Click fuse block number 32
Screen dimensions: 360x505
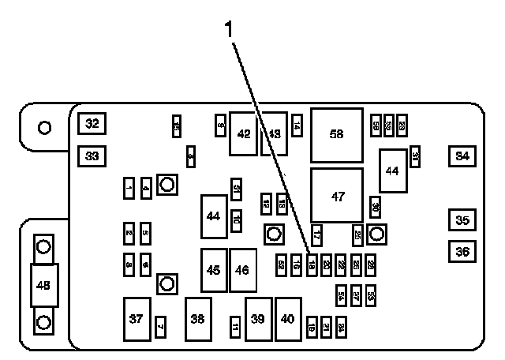pos(92,124)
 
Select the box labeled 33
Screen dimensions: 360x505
pos(92,156)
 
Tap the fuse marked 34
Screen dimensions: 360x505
pos(462,156)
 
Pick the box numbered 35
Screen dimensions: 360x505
pos(462,220)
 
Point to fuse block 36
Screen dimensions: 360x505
pos(462,252)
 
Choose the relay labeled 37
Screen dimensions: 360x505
pos(137,319)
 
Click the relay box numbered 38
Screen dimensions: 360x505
pos(198,319)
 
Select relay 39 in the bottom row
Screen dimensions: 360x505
pos(258,319)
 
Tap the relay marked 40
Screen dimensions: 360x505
pos(288,319)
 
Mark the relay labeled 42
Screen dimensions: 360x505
pos(244,133)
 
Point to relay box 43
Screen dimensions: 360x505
pos(274,133)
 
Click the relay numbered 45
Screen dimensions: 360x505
pos(214,269)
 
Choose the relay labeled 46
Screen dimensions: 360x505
pos(242,269)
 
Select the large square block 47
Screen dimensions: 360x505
pos(337,197)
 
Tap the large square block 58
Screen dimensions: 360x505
pos(337,134)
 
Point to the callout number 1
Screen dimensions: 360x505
pos(230,31)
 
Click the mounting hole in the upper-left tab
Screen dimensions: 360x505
pos(45,126)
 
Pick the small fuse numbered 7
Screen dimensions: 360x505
pos(160,325)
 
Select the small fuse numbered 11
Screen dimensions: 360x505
pos(235,326)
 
